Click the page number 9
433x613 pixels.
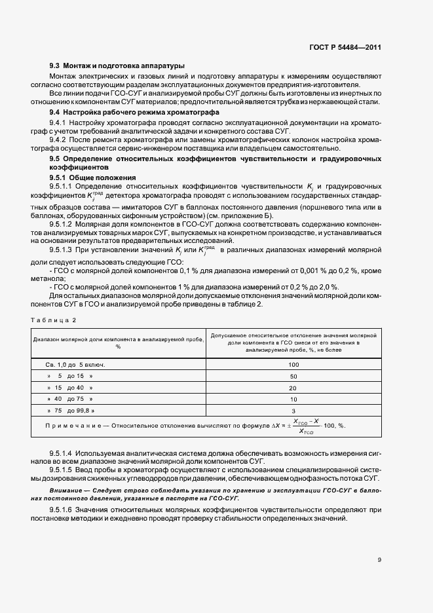379,559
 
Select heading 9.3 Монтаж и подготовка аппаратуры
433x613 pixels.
117,65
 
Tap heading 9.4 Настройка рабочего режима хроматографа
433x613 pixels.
134,113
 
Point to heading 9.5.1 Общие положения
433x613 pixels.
93,177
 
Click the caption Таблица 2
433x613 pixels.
54,319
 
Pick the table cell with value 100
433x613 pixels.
293,363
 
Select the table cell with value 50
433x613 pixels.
293,376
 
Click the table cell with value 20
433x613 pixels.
293,388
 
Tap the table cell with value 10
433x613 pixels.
293,399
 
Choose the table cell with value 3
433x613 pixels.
293,411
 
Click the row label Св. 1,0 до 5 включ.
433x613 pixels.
75,363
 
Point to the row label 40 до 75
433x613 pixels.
70,399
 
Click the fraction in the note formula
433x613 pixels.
306,425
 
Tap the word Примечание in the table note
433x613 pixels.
71,425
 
